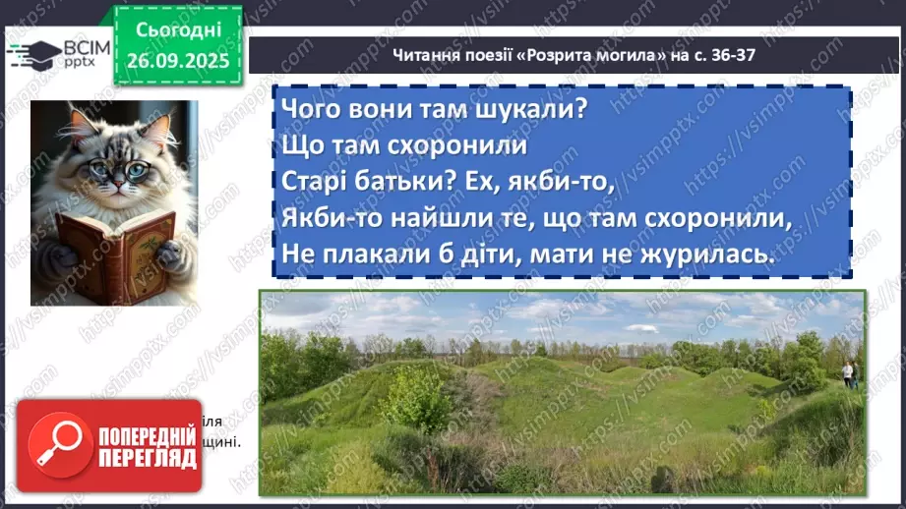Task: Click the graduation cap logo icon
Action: click(32, 54)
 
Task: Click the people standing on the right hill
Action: click(848, 372)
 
